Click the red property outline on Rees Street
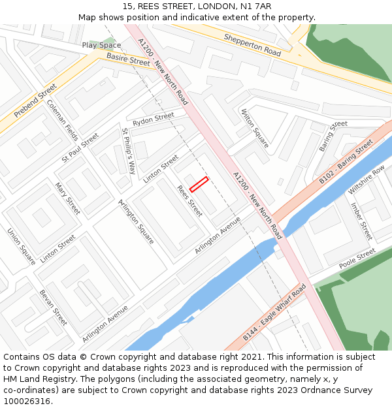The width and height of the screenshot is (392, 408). coord(199,184)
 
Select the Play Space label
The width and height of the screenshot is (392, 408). coord(101,45)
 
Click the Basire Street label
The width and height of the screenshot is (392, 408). coord(128,60)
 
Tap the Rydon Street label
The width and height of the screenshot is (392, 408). coord(154,119)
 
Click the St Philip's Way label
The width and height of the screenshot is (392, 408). coord(129,151)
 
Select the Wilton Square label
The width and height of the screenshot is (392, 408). coord(255,129)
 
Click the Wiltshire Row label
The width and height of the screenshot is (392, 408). coord(367,180)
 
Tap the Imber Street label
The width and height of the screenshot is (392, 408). coord(361,221)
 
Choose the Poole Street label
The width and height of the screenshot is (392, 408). coord(357,259)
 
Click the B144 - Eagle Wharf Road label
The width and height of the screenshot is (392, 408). coord(274,313)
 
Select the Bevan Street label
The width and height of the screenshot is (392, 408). coord(53,307)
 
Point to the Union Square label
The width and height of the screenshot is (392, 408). coord(22,245)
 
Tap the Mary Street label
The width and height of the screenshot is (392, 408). coord(67,198)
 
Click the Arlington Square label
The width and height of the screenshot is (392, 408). coord(136,222)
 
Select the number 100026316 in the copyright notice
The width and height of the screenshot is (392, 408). coord(26,401)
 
